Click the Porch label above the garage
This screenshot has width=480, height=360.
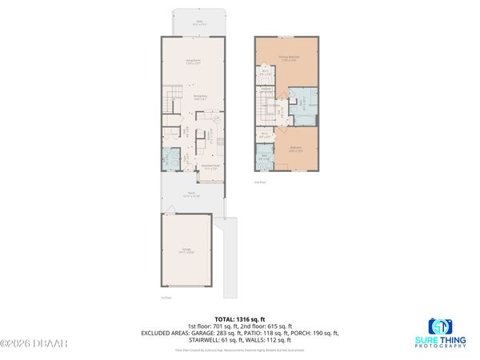point(192,194)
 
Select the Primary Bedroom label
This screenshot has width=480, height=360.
point(288,58)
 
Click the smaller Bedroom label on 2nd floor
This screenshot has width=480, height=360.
point(295,149)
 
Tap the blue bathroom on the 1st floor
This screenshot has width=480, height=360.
point(171,158)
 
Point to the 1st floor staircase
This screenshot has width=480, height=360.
point(170,102)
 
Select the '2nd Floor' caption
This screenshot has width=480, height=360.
point(259,182)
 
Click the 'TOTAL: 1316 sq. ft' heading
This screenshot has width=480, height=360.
point(240,318)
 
